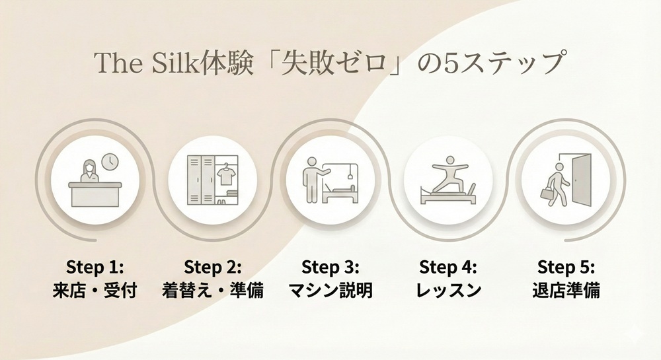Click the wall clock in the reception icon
coord(110,161)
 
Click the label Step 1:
coord(95,268)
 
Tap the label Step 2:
coord(213,268)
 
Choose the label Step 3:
coord(330,268)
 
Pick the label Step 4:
coord(448,268)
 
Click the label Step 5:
coord(565,268)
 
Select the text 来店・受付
coord(95,290)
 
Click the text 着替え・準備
coord(213,290)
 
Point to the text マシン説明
coord(330,290)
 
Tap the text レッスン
coord(448,290)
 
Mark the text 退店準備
coord(565,290)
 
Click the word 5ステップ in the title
coord(502,64)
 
